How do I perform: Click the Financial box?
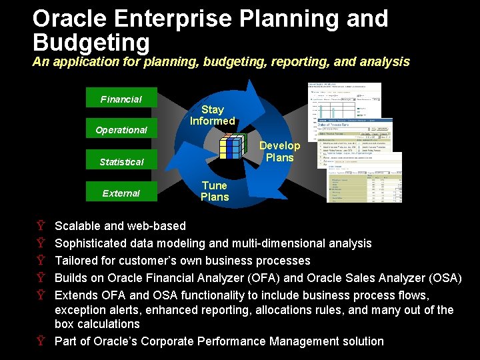(121, 99)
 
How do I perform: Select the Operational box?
(121, 129)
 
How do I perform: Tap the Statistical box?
(121, 161)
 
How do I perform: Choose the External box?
(121, 193)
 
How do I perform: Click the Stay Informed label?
(212, 115)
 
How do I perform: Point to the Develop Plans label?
(279, 151)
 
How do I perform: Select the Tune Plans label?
(214, 191)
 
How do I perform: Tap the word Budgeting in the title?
(91, 43)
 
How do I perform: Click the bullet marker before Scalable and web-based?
(41, 226)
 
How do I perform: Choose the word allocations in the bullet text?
(301, 310)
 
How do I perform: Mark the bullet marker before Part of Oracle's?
(41, 341)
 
